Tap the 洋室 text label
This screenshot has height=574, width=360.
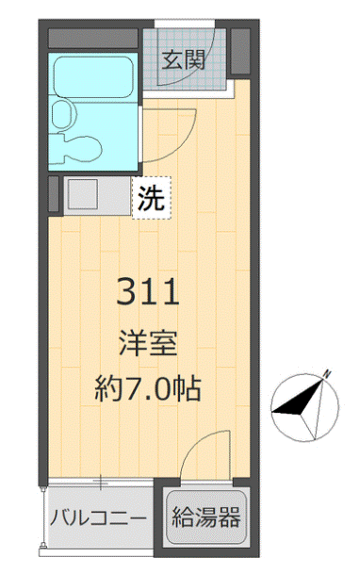[149, 343]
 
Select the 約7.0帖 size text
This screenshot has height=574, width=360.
[149, 389]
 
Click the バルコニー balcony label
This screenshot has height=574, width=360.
[98, 517]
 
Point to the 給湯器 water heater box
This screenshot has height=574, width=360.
[206, 517]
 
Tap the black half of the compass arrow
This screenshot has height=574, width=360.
[295, 403]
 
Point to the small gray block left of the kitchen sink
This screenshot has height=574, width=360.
[55, 196]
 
